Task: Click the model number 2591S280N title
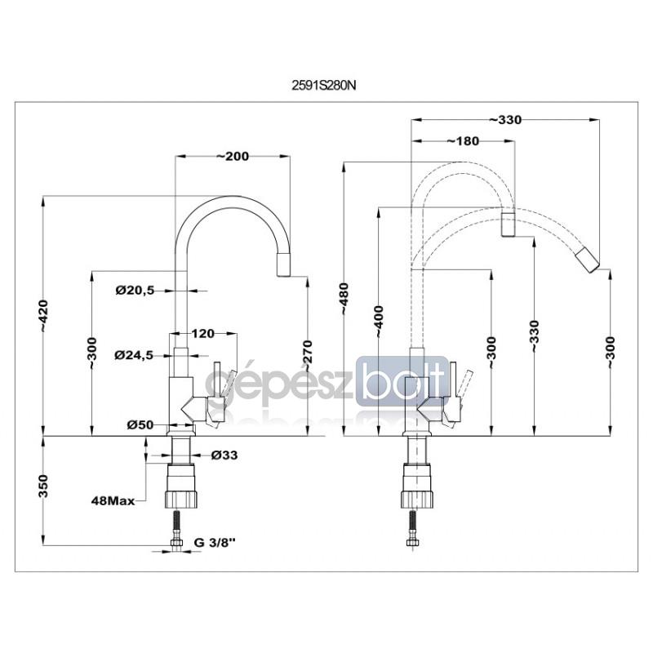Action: click(x=323, y=86)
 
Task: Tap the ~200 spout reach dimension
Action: click(x=233, y=157)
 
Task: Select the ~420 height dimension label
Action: click(x=44, y=316)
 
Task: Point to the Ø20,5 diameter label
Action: click(x=135, y=291)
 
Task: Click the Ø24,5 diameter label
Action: click(x=134, y=355)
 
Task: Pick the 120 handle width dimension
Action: click(x=202, y=334)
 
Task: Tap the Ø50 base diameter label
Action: click(x=140, y=424)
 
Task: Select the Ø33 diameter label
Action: click(x=224, y=455)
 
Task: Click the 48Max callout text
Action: click(x=113, y=501)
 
